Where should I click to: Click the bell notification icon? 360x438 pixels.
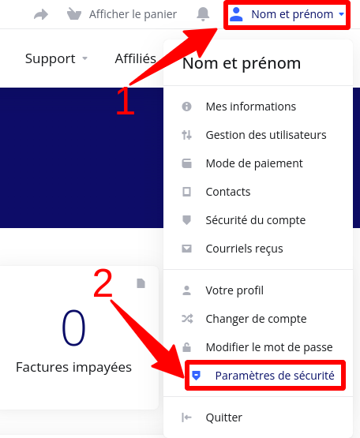tap(203, 14)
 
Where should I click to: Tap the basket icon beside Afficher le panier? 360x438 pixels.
tap(74, 14)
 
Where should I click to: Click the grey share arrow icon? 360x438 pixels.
tap(41, 14)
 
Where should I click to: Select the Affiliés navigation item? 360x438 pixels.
tap(136, 58)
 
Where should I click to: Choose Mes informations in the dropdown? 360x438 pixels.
tap(251, 107)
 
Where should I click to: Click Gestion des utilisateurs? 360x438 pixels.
tap(266, 135)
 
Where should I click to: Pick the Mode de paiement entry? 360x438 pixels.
tap(254, 163)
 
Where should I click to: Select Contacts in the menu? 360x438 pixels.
tap(228, 192)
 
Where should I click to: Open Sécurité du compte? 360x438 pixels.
tap(256, 220)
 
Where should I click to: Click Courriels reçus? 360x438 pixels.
tap(244, 249)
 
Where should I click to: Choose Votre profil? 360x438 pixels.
tap(234, 290)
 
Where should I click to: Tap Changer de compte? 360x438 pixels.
tap(256, 319)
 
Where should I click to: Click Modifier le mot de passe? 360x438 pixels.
tap(269, 347)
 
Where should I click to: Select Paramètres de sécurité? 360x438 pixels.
tap(275, 376)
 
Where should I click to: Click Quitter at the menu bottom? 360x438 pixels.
tap(224, 417)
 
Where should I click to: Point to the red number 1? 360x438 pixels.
tap(126, 100)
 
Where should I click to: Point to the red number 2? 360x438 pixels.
tap(103, 283)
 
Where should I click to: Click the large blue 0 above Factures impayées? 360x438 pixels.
tap(73, 328)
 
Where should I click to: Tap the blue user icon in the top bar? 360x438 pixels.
tap(236, 14)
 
